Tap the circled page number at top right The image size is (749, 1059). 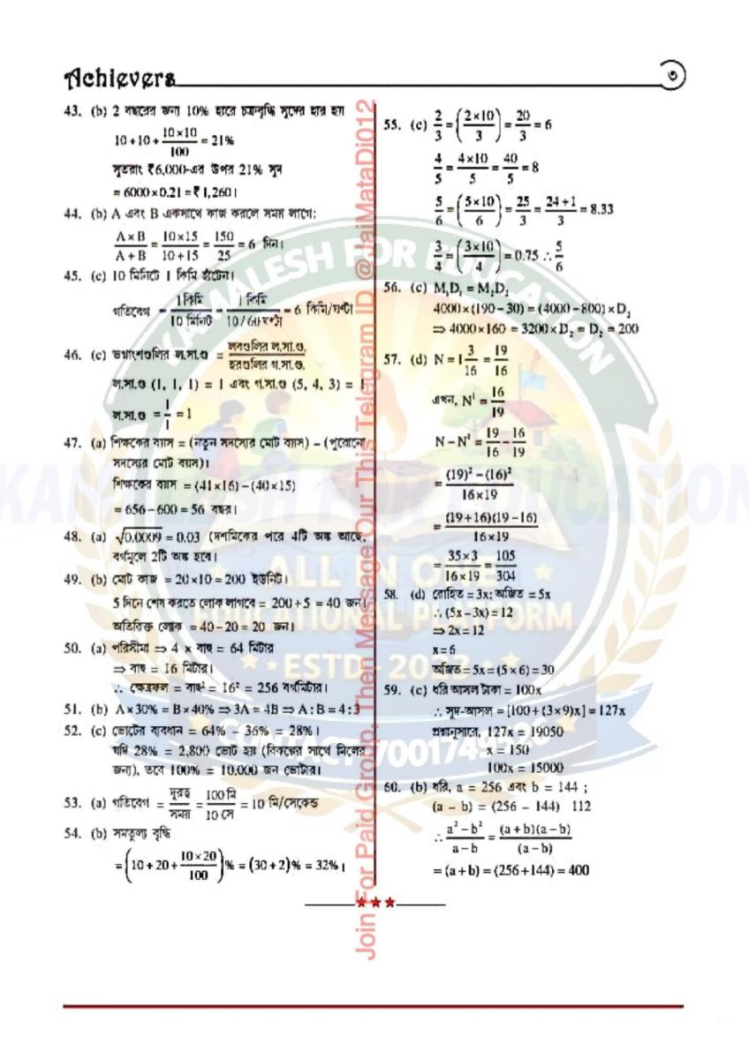[x=673, y=77]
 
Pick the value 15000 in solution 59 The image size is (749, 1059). [x=545, y=768]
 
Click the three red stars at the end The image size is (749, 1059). [x=375, y=904]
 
